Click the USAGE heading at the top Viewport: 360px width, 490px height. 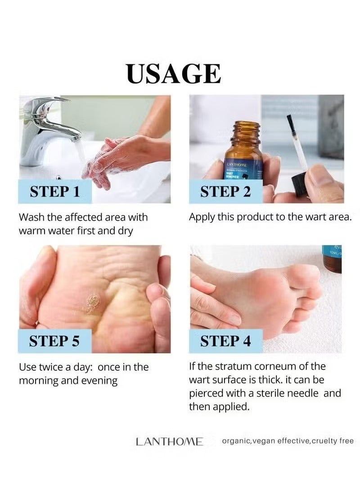[174, 74]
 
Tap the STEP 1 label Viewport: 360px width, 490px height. [54, 192]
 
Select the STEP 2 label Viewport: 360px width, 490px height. [225, 192]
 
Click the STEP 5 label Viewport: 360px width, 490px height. [54, 341]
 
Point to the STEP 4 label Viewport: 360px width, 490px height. [225, 341]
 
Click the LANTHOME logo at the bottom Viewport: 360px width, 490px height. [169, 442]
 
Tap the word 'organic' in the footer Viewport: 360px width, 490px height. [236, 441]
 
